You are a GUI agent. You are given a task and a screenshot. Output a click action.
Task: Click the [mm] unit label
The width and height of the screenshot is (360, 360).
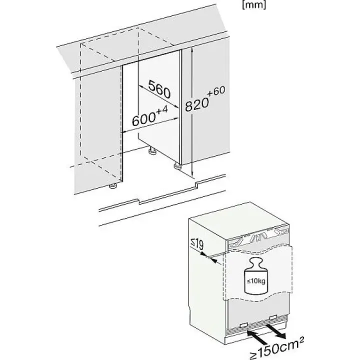coord(254,5)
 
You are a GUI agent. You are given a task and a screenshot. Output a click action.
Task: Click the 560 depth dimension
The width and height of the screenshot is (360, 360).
coord(159,89)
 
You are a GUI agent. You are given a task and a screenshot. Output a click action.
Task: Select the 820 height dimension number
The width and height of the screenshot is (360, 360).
coord(197,104)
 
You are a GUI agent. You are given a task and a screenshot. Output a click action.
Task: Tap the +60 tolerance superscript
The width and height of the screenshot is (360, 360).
coord(216,91)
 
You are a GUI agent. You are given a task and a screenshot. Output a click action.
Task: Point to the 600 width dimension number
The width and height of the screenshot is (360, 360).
coord(144,119)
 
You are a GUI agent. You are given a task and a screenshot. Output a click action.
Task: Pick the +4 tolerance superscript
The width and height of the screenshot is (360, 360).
coord(162,109)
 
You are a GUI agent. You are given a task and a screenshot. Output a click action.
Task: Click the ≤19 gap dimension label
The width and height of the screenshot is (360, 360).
coord(197,244)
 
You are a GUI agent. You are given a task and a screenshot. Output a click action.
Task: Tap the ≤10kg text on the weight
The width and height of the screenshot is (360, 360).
coord(256,280)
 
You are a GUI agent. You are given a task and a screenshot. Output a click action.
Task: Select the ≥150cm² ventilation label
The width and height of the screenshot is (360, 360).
coord(276,348)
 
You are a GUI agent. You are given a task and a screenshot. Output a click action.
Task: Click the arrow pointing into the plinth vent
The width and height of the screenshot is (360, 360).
coord(255,334)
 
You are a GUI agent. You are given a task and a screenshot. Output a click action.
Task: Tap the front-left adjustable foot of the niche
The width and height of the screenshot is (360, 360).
coord(113,186)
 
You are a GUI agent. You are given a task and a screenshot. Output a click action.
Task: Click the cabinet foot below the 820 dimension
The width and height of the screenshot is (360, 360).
coord(177,166)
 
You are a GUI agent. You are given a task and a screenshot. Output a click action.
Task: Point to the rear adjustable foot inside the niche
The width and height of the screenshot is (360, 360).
coord(151,151)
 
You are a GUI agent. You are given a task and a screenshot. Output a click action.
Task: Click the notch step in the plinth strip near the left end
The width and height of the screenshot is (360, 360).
coord(139,201)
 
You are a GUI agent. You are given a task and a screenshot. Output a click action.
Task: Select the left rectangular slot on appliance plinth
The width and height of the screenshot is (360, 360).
coord(243,325)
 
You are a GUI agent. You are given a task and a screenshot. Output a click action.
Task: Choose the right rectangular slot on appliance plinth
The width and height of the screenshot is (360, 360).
coord(273,317)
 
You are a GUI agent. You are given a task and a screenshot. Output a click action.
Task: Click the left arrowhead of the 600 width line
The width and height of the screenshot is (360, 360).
coord(124,132)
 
